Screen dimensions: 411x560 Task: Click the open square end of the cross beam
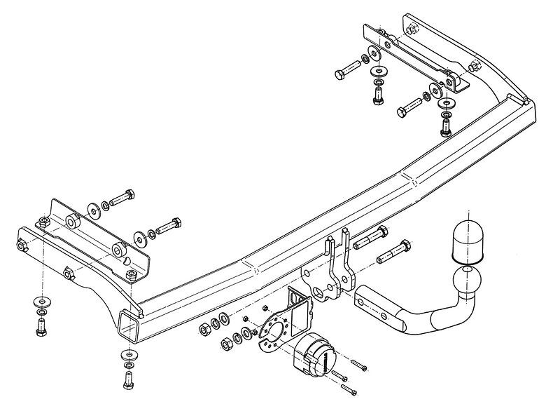(131, 324)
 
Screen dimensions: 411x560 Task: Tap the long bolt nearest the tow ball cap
(394, 252)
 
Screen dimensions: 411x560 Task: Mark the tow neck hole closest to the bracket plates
(362, 299)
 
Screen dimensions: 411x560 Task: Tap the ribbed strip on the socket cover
(325, 358)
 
